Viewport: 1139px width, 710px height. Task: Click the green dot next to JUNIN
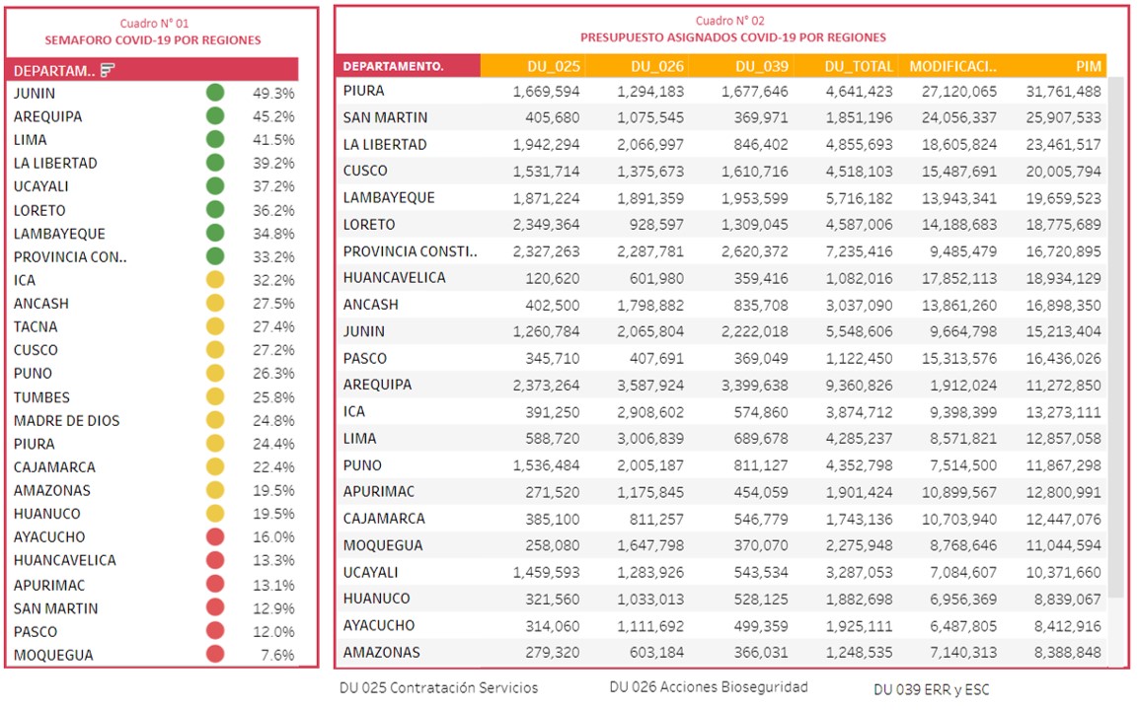click(x=215, y=92)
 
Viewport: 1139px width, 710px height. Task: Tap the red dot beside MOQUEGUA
click(x=215, y=654)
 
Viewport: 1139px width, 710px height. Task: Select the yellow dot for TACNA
click(x=215, y=326)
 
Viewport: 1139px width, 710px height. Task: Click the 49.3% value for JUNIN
click(x=273, y=93)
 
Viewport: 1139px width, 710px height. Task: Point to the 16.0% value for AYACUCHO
click(x=273, y=537)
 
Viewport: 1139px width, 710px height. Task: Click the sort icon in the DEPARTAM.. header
click(x=108, y=70)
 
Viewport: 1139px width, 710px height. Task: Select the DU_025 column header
click(x=554, y=66)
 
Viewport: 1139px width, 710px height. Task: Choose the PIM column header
click(x=1088, y=66)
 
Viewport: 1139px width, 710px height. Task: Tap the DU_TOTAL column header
click(x=858, y=66)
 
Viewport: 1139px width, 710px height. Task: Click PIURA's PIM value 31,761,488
click(x=1063, y=92)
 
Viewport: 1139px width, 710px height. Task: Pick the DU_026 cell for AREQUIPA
click(x=650, y=386)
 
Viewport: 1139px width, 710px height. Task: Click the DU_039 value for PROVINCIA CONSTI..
click(x=755, y=251)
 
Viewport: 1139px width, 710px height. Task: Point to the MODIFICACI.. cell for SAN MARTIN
click(x=958, y=117)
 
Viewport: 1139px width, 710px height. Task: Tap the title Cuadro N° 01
click(x=154, y=24)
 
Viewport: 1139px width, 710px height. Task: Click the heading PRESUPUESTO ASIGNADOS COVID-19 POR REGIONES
click(x=733, y=37)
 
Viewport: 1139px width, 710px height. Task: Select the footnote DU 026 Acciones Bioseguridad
click(x=709, y=686)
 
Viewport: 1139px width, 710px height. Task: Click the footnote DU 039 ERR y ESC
click(x=932, y=689)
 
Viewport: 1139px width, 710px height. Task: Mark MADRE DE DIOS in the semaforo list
click(x=67, y=420)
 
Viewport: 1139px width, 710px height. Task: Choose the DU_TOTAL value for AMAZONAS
click(x=859, y=653)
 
